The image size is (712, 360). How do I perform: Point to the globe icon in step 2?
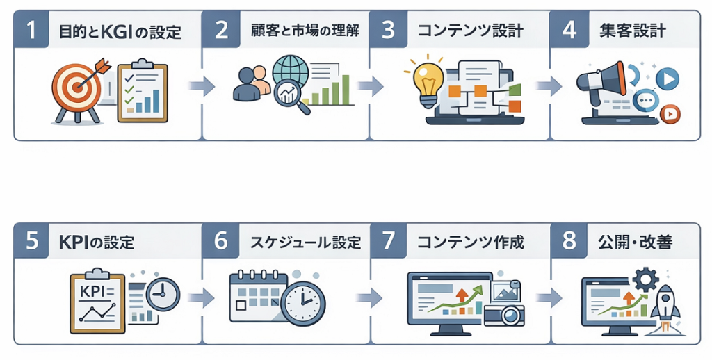(290, 70)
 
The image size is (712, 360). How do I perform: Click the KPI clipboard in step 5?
(97, 300)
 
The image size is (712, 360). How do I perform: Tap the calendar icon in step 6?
(255, 295)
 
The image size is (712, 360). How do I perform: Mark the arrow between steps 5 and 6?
(201, 298)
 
